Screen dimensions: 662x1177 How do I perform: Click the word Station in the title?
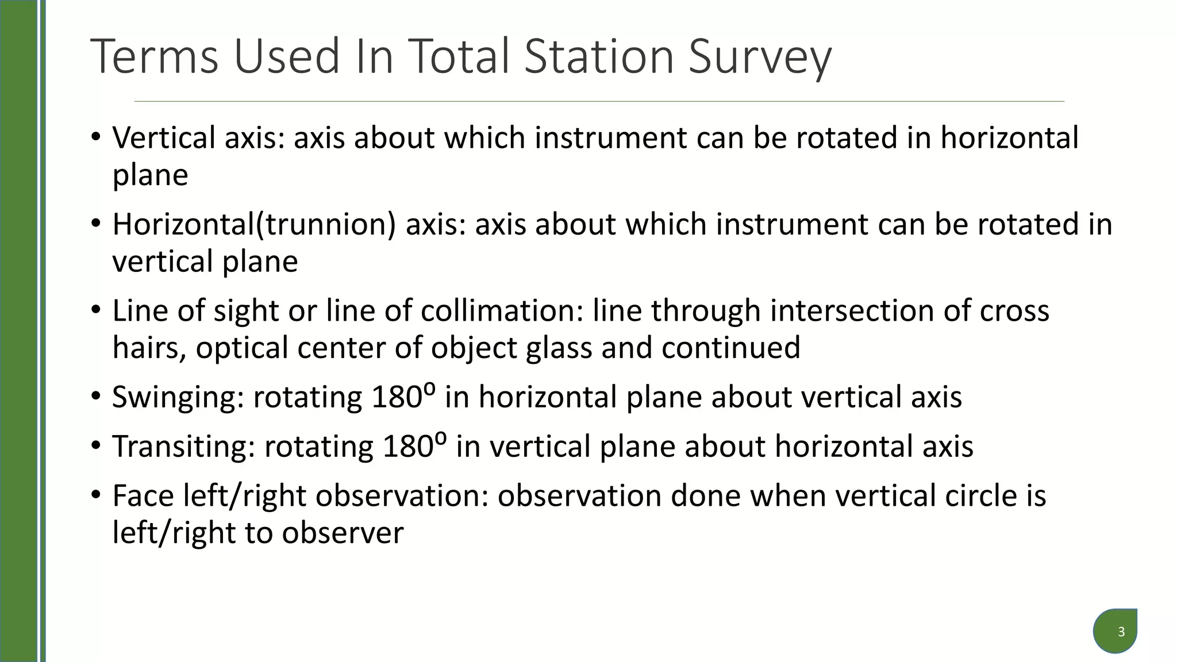point(598,56)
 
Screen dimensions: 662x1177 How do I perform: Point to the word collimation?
point(502,311)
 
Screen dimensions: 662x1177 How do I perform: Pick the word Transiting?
point(183,447)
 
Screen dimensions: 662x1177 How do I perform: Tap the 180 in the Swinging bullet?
point(397,397)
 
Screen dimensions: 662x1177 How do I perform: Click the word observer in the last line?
point(343,533)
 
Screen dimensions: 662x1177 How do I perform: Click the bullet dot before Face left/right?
point(95,495)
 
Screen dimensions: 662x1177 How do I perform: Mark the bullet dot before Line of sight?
point(95,310)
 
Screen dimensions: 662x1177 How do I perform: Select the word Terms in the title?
point(155,56)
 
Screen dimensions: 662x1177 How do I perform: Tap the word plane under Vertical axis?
point(150,176)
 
